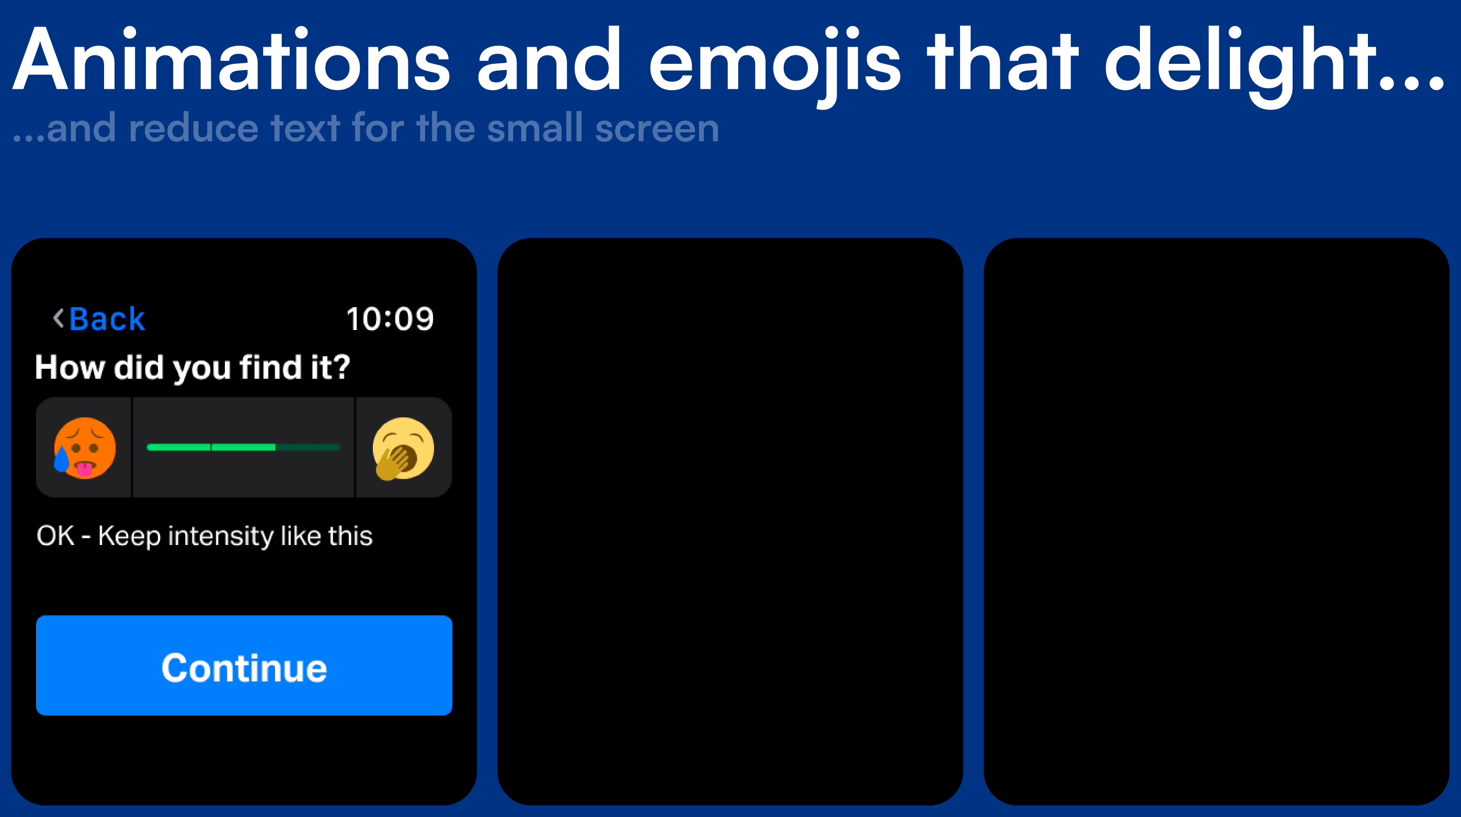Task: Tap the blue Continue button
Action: point(244,665)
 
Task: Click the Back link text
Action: point(107,319)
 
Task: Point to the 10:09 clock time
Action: point(390,319)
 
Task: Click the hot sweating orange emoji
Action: point(85,448)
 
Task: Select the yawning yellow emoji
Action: point(403,449)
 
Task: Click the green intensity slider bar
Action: point(243,447)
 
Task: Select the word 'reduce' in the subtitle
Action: point(193,128)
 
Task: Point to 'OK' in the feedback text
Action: point(55,536)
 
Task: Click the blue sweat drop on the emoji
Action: point(61,459)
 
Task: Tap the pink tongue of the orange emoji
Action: point(85,469)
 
